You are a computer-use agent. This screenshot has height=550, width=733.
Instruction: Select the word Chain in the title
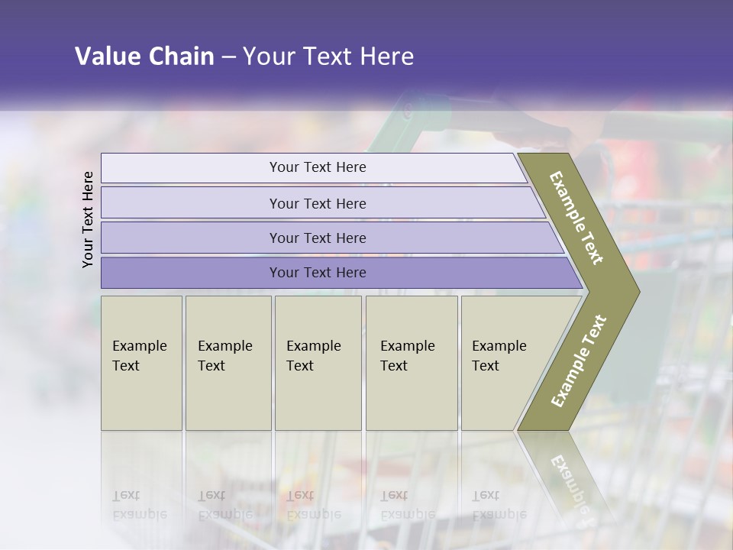coord(181,57)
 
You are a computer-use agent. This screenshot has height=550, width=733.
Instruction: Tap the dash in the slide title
coord(228,57)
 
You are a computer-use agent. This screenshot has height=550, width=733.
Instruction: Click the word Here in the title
coord(386,57)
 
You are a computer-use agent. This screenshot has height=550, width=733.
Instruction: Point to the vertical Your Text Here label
coord(88,219)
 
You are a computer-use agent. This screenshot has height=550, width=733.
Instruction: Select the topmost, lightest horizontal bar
coord(317,167)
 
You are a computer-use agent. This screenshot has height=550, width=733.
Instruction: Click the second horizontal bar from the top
coord(317,203)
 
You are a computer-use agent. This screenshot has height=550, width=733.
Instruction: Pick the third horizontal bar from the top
coord(317,238)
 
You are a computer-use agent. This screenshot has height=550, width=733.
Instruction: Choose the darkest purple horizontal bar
coord(317,273)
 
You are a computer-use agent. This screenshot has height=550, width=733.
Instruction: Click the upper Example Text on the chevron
coord(576,218)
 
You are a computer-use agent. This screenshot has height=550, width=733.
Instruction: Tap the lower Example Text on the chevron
coord(579,361)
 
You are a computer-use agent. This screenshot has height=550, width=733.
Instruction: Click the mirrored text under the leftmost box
coord(139,505)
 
